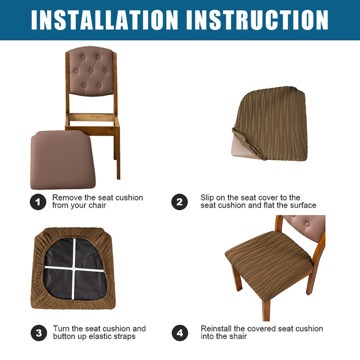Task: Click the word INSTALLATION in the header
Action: pos(104,20)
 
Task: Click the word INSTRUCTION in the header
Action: pos(257,20)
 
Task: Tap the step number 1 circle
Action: pos(38,202)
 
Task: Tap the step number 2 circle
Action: pos(179,202)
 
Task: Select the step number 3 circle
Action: pos(39,333)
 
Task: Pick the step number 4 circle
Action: pos(180,333)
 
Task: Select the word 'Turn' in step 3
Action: pos(61,329)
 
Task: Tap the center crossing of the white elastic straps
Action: pos(73,268)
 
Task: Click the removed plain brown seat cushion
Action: pos(62,159)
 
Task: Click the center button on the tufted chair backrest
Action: pos(91,70)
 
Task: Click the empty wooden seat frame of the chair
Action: pos(92,122)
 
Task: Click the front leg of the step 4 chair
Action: pos(266,310)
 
